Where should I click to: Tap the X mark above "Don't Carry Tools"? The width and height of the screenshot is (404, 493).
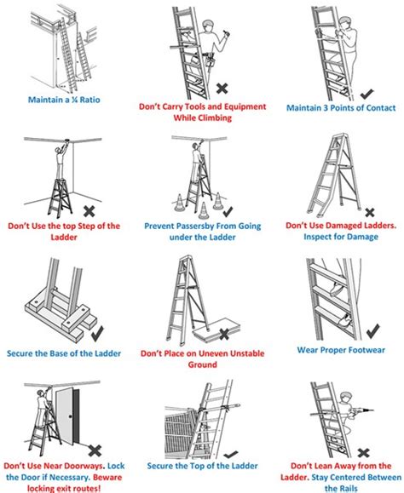(x=222, y=88)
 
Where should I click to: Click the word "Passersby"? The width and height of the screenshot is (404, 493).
(x=203, y=226)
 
